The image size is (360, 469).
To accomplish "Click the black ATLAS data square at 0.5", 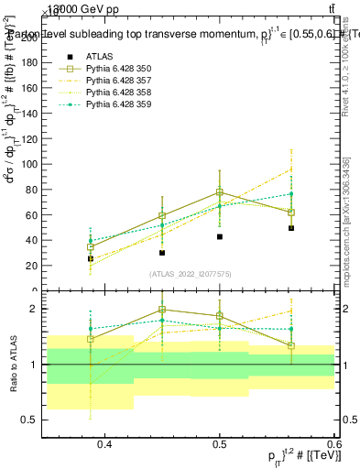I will pos(220,236).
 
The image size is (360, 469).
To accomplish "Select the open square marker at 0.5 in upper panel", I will pos(220,192).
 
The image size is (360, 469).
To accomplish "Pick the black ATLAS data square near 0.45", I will pos(162,253).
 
